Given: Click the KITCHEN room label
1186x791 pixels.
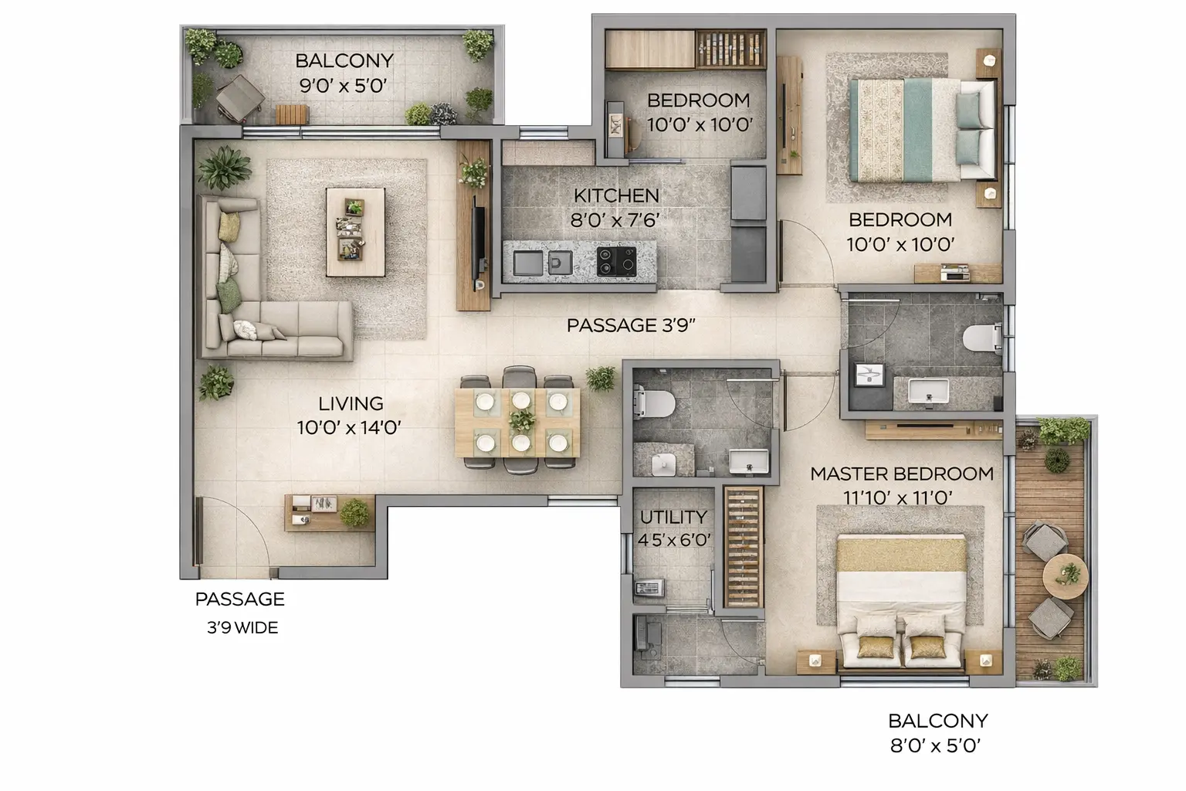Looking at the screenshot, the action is [x=616, y=195].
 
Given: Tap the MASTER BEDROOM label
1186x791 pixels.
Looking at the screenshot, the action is [x=902, y=474].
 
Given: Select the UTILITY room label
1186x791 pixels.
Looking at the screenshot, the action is [x=673, y=517].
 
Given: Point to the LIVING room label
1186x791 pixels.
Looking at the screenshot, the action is [x=351, y=404].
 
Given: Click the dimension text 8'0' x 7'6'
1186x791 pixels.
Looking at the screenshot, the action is [x=615, y=220].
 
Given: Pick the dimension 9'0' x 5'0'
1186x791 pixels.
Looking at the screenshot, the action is [x=343, y=85].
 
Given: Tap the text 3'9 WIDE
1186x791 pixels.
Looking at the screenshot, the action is [x=242, y=628].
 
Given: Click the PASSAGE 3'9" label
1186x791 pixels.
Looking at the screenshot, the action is [x=631, y=325].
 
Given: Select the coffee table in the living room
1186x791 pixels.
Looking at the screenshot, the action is [x=355, y=232].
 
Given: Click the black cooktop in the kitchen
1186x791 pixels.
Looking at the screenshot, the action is [x=616, y=261].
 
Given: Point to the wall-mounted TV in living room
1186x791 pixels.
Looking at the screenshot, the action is [x=479, y=241].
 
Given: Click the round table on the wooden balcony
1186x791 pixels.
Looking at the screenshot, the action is [x=1066, y=576].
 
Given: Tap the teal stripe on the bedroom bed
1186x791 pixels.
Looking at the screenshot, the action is [x=918, y=131].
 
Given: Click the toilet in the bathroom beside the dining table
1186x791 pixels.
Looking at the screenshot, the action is [x=654, y=402].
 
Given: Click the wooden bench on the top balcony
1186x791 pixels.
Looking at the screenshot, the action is [x=292, y=114].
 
